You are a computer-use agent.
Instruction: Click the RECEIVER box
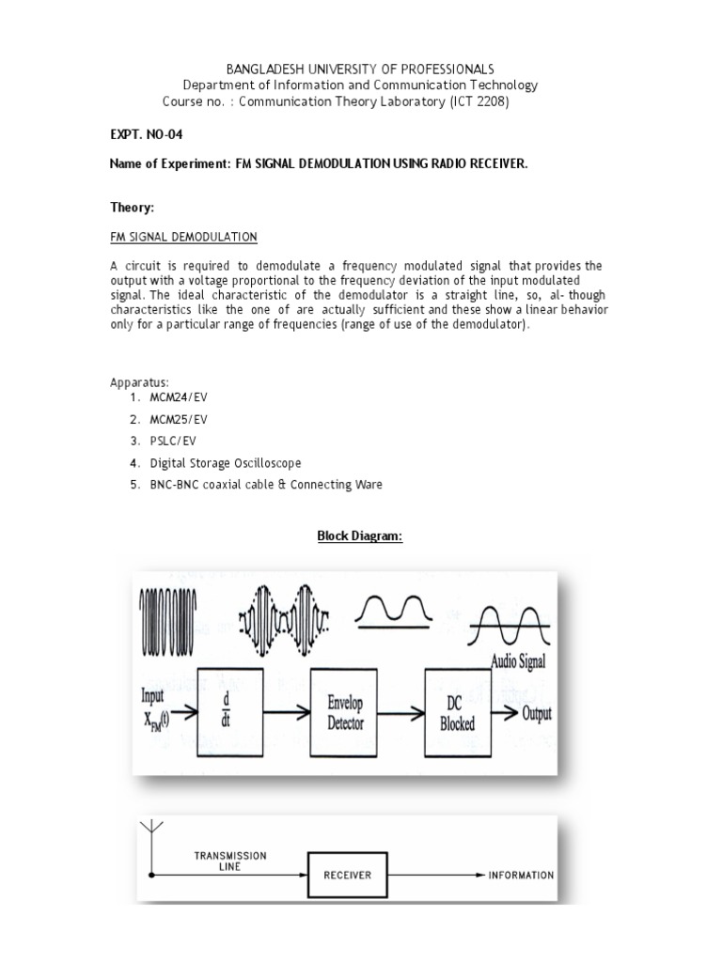[x=348, y=875]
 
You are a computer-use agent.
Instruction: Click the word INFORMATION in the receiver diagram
[x=521, y=875]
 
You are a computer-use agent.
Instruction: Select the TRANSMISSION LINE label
[x=230, y=861]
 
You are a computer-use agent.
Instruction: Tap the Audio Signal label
[x=518, y=661]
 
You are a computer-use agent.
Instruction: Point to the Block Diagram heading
[x=360, y=535]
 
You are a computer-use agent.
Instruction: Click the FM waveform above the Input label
[x=168, y=613]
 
